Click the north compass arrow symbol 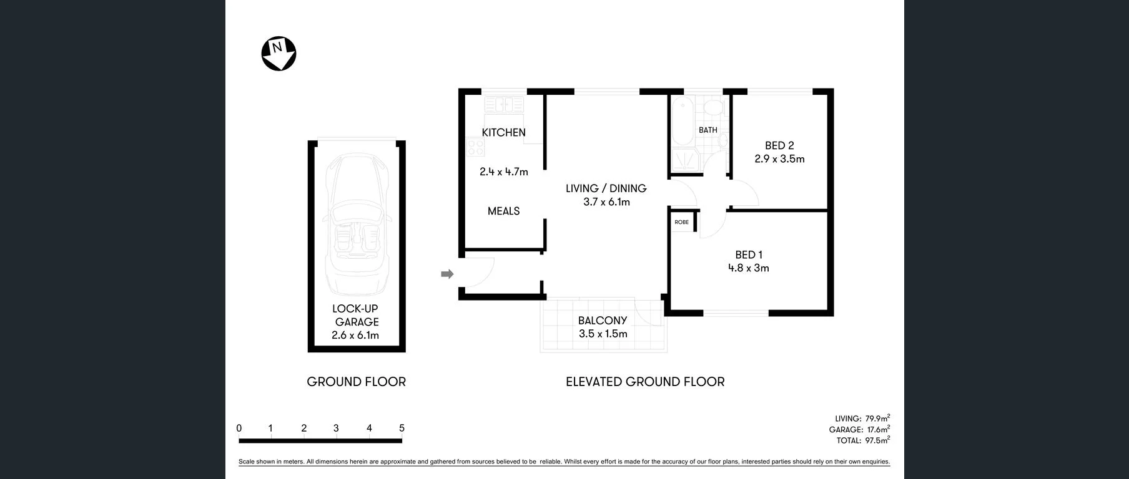279,54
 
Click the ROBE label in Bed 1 681,222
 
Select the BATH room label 707,130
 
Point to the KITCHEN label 503,132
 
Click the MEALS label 503,211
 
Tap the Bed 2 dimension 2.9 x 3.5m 779,159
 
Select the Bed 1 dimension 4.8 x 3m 748,268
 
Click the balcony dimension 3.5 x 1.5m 603,334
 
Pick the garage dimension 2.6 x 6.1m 355,336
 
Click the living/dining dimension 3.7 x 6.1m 606,202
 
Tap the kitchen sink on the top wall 504,105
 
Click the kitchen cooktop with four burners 476,147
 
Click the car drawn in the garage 357,225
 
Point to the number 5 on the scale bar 402,428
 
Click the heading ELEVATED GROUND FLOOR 645,382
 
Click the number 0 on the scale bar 239,428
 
